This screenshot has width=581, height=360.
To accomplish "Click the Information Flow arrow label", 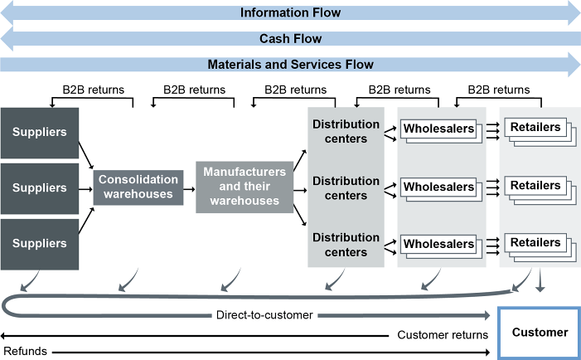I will tap(290, 12).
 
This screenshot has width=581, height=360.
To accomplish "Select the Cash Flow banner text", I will tap(290, 38).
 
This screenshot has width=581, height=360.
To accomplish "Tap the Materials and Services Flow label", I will tap(290, 64).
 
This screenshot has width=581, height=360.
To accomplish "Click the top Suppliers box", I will tap(39, 132).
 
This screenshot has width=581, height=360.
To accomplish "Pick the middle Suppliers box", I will tap(39, 188).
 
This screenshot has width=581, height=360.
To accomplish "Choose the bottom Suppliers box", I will tap(39, 244).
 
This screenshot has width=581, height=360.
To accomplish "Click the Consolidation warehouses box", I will tap(137, 187).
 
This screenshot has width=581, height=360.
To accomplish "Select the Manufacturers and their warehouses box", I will tap(245, 187).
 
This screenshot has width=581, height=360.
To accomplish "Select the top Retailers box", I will tap(535, 128).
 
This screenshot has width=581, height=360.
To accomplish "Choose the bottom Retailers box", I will tap(535, 242).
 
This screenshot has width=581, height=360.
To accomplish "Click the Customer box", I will tap(540, 333).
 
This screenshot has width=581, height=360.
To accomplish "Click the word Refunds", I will tap(24, 351).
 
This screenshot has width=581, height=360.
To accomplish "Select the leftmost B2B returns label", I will tap(92, 90).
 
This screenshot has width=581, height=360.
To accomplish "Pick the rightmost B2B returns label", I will tap(498, 90).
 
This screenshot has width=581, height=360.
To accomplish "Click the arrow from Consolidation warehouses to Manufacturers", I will tap(189, 187).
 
